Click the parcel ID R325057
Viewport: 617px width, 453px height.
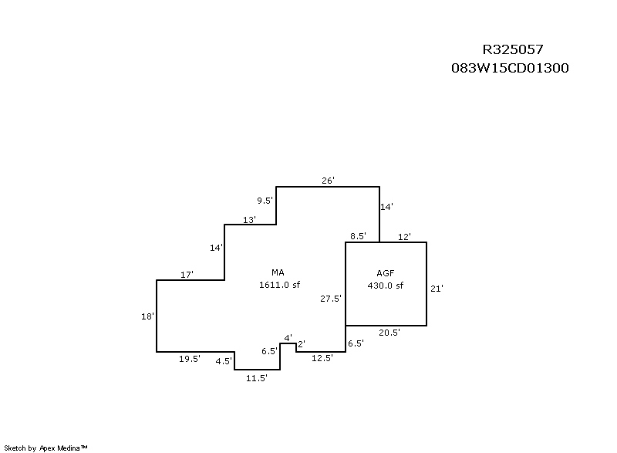(x=513, y=50)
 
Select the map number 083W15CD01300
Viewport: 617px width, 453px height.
(x=510, y=68)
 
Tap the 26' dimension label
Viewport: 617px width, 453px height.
(x=328, y=181)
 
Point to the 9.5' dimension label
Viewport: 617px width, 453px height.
(x=265, y=201)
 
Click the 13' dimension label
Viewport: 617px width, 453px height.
(x=249, y=220)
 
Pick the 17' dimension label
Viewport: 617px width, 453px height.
(x=187, y=275)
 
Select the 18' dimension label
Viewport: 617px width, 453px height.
(x=148, y=316)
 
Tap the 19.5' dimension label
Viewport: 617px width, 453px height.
(x=189, y=359)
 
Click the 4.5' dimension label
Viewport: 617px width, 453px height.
(x=224, y=361)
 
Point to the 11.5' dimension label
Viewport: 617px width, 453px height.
(x=256, y=378)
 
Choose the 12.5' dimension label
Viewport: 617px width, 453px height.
(x=322, y=359)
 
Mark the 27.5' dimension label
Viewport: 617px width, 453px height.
(x=331, y=299)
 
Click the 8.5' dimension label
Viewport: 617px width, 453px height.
(x=358, y=236)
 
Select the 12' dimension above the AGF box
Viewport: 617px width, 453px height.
(x=404, y=236)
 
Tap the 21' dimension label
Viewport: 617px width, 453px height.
(x=437, y=289)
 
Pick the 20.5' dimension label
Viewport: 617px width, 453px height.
(x=389, y=333)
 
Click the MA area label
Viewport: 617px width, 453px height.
(x=278, y=273)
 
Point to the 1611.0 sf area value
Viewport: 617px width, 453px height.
(x=278, y=286)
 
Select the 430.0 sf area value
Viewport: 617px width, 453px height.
(x=386, y=286)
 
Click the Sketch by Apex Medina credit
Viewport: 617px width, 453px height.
(x=46, y=448)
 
